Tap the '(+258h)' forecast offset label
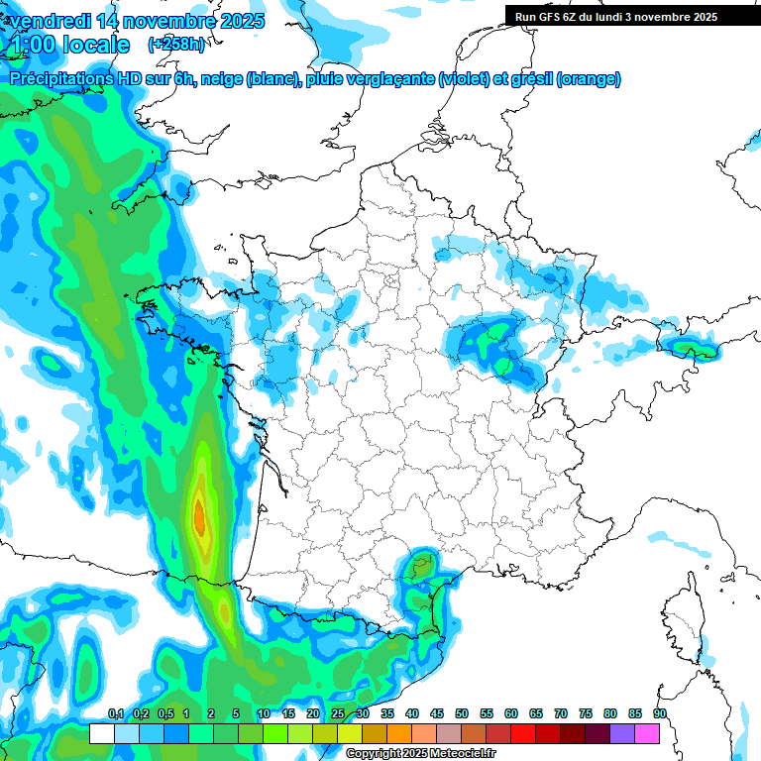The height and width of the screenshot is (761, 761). pos(176,45)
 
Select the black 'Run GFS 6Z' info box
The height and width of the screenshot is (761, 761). pos(625,16)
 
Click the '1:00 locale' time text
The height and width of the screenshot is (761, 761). pos(67,45)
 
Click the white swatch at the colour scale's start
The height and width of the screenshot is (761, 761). pos(101,733)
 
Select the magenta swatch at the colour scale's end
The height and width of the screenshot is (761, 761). pos(647,733)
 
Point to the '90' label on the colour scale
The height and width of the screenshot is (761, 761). pos(660,714)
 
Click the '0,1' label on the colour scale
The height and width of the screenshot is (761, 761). pos(115,714)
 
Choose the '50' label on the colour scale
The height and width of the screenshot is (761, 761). pos(462,714)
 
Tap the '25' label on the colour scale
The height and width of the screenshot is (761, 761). pos(338,714)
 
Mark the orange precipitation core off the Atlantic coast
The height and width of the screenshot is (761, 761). pos(199,516)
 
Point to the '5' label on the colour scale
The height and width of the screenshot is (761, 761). pos(236,714)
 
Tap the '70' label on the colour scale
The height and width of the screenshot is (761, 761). pos(561,714)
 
